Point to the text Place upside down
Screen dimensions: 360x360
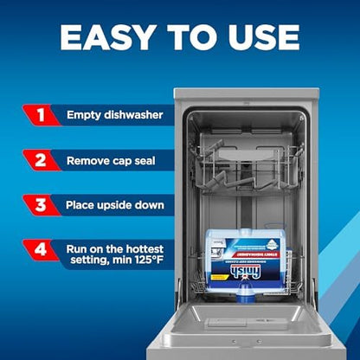(x=111, y=206)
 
